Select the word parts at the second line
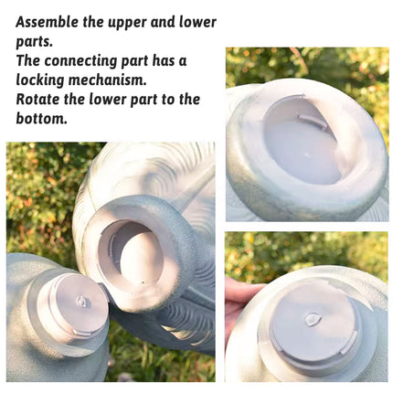point(34,40)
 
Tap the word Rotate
point(40,99)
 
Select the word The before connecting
point(30,60)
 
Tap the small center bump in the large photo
point(81,301)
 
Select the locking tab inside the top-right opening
point(311,116)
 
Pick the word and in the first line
point(165,21)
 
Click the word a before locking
point(182,60)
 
